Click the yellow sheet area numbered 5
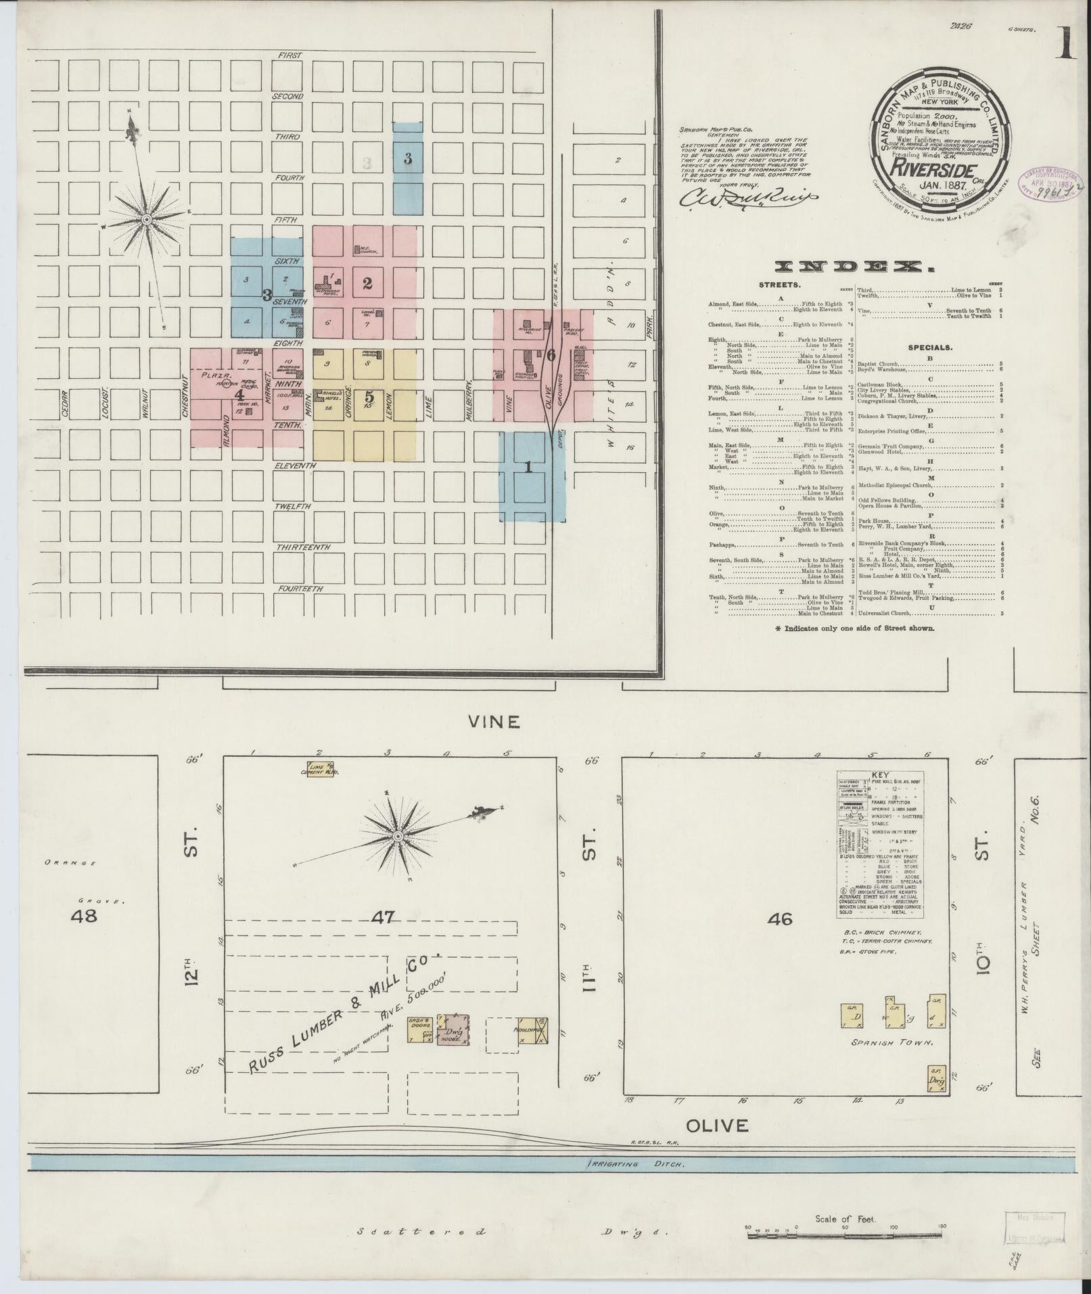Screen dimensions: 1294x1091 pos(369,397)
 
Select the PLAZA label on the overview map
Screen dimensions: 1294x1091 pos(216,374)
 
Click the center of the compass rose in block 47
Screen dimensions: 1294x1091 pos(398,837)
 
